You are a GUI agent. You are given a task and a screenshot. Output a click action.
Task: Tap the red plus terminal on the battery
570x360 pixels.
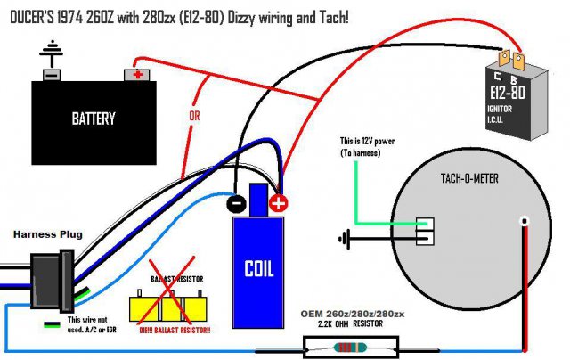[x=138, y=74]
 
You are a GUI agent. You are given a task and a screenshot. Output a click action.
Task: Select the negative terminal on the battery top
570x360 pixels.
[x=52, y=74]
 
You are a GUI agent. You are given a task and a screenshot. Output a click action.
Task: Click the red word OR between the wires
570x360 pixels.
[x=195, y=117]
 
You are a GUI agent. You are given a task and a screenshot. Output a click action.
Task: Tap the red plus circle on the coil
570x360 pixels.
[x=280, y=203]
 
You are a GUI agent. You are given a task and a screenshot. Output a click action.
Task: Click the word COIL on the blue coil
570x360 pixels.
[x=257, y=268]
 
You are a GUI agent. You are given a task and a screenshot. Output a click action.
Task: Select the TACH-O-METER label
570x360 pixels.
[x=468, y=178]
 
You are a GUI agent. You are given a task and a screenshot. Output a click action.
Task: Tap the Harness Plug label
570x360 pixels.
[x=49, y=234]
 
